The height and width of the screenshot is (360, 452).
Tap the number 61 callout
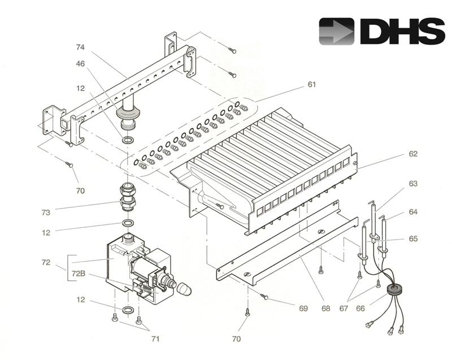click(311, 84)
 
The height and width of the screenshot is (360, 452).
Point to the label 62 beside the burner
click(413, 154)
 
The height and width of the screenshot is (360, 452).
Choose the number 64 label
click(413, 212)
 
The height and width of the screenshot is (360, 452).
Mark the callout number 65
click(413, 239)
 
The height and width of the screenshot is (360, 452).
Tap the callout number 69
click(303, 309)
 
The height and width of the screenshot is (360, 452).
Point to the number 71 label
click(155, 339)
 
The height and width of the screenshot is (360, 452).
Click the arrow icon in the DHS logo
click(337, 31)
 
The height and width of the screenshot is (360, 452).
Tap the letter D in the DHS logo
click(375, 31)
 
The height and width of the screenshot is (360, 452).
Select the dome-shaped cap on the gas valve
click(184, 289)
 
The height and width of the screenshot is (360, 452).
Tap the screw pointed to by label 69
click(264, 296)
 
